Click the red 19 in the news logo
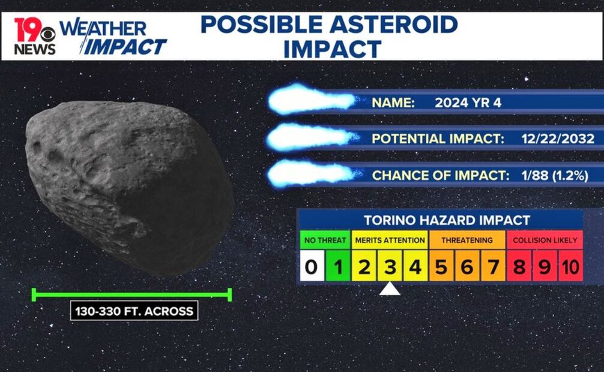click(28, 29)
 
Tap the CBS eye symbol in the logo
click(48, 35)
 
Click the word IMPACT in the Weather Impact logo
click(125, 47)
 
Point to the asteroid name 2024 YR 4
click(468, 103)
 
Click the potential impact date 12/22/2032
click(558, 139)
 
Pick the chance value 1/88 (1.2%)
click(555, 176)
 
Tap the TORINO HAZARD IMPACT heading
click(447, 220)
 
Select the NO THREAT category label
click(325, 240)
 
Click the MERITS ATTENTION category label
click(390, 240)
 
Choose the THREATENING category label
click(467, 240)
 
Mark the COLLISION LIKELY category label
click(545, 240)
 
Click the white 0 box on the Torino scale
click(312, 266)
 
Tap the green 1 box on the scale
click(338, 266)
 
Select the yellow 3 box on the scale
click(390, 266)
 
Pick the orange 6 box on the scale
click(467, 266)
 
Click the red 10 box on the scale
click(570, 266)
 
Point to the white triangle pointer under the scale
click(390, 289)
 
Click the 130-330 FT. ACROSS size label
click(134, 311)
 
